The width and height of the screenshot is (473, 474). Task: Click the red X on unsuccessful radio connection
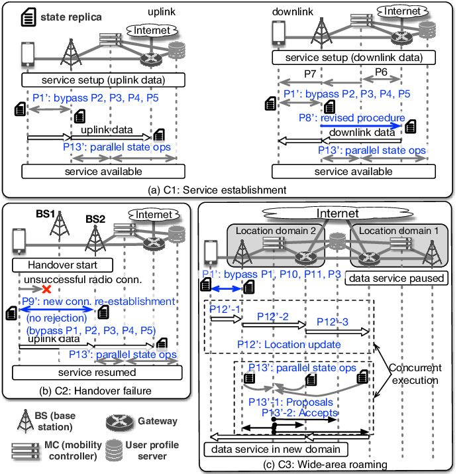pos(47,290)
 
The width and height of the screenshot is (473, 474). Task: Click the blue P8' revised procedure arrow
pos(362,125)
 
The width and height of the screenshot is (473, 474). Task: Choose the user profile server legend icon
pos(120,451)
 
